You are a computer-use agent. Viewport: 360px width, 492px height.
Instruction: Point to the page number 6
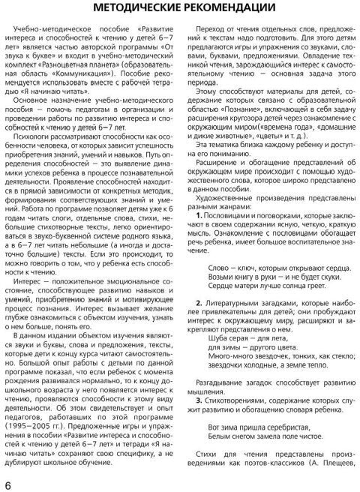(7, 482)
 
